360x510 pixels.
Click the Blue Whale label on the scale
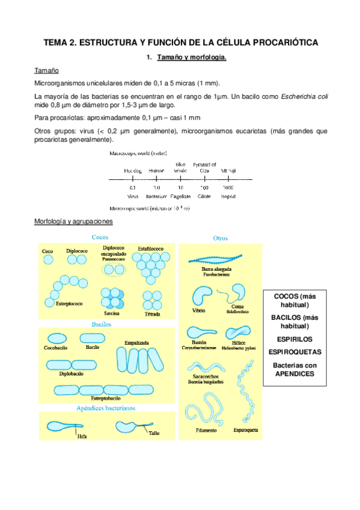click(180, 168)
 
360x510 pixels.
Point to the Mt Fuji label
click(227, 171)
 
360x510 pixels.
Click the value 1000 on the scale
click(227, 187)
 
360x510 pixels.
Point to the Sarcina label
click(111, 313)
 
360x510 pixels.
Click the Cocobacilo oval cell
click(58, 338)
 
